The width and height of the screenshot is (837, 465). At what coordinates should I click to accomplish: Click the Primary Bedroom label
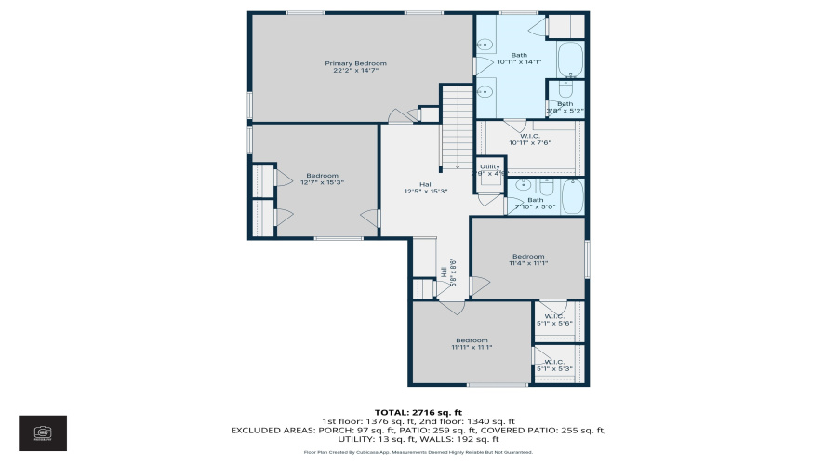coord(355,66)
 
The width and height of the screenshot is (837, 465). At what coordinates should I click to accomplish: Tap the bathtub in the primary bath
coord(569,60)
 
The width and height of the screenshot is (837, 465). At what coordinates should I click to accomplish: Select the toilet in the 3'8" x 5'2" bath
coord(565,91)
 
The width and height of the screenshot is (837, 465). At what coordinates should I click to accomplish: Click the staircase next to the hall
coord(457,126)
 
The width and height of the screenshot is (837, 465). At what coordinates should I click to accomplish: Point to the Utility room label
coord(489,170)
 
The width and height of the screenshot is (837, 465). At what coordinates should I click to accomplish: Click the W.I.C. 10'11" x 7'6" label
coord(529,140)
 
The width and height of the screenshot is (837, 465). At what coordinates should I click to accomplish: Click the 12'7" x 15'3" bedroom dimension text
coord(323,183)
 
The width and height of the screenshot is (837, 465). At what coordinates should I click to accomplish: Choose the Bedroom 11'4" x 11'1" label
coord(527,259)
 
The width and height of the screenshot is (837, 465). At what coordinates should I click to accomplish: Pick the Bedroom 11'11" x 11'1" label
coord(472,343)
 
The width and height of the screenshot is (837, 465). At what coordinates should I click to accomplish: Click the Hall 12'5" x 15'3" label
coord(426,188)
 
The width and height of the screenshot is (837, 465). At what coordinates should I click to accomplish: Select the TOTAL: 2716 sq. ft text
coord(418,412)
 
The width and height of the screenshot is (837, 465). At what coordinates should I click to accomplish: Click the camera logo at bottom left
coord(43,432)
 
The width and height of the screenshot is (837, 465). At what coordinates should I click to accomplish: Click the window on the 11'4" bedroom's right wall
coord(586,258)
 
